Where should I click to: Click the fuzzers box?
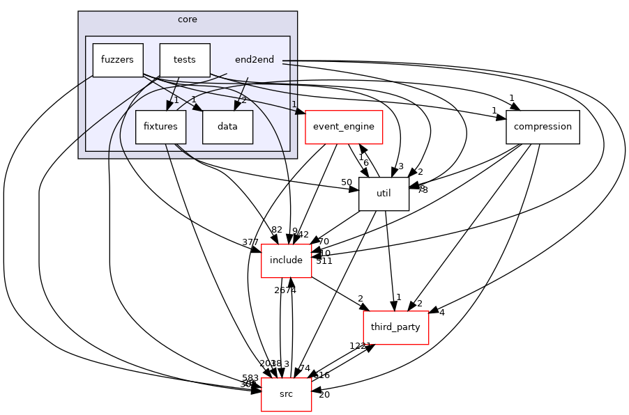[118, 60]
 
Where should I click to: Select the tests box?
[185, 60]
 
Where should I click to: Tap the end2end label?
[255, 60]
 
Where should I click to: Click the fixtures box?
[160, 127]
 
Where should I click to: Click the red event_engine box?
[344, 127]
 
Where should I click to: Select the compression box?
[543, 127]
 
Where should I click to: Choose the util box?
[384, 194]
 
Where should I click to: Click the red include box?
[286, 260]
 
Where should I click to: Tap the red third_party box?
[395, 327]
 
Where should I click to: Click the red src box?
[286, 394]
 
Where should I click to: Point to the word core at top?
[188, 19]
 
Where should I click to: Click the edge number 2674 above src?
[285, 290]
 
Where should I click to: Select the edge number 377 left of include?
[250, 242]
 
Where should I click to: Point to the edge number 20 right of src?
[324, 396]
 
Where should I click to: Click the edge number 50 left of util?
[347, 182]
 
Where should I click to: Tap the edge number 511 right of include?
[324, 261]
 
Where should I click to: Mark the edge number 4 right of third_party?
[441, 312]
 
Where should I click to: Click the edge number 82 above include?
[277, 230]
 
